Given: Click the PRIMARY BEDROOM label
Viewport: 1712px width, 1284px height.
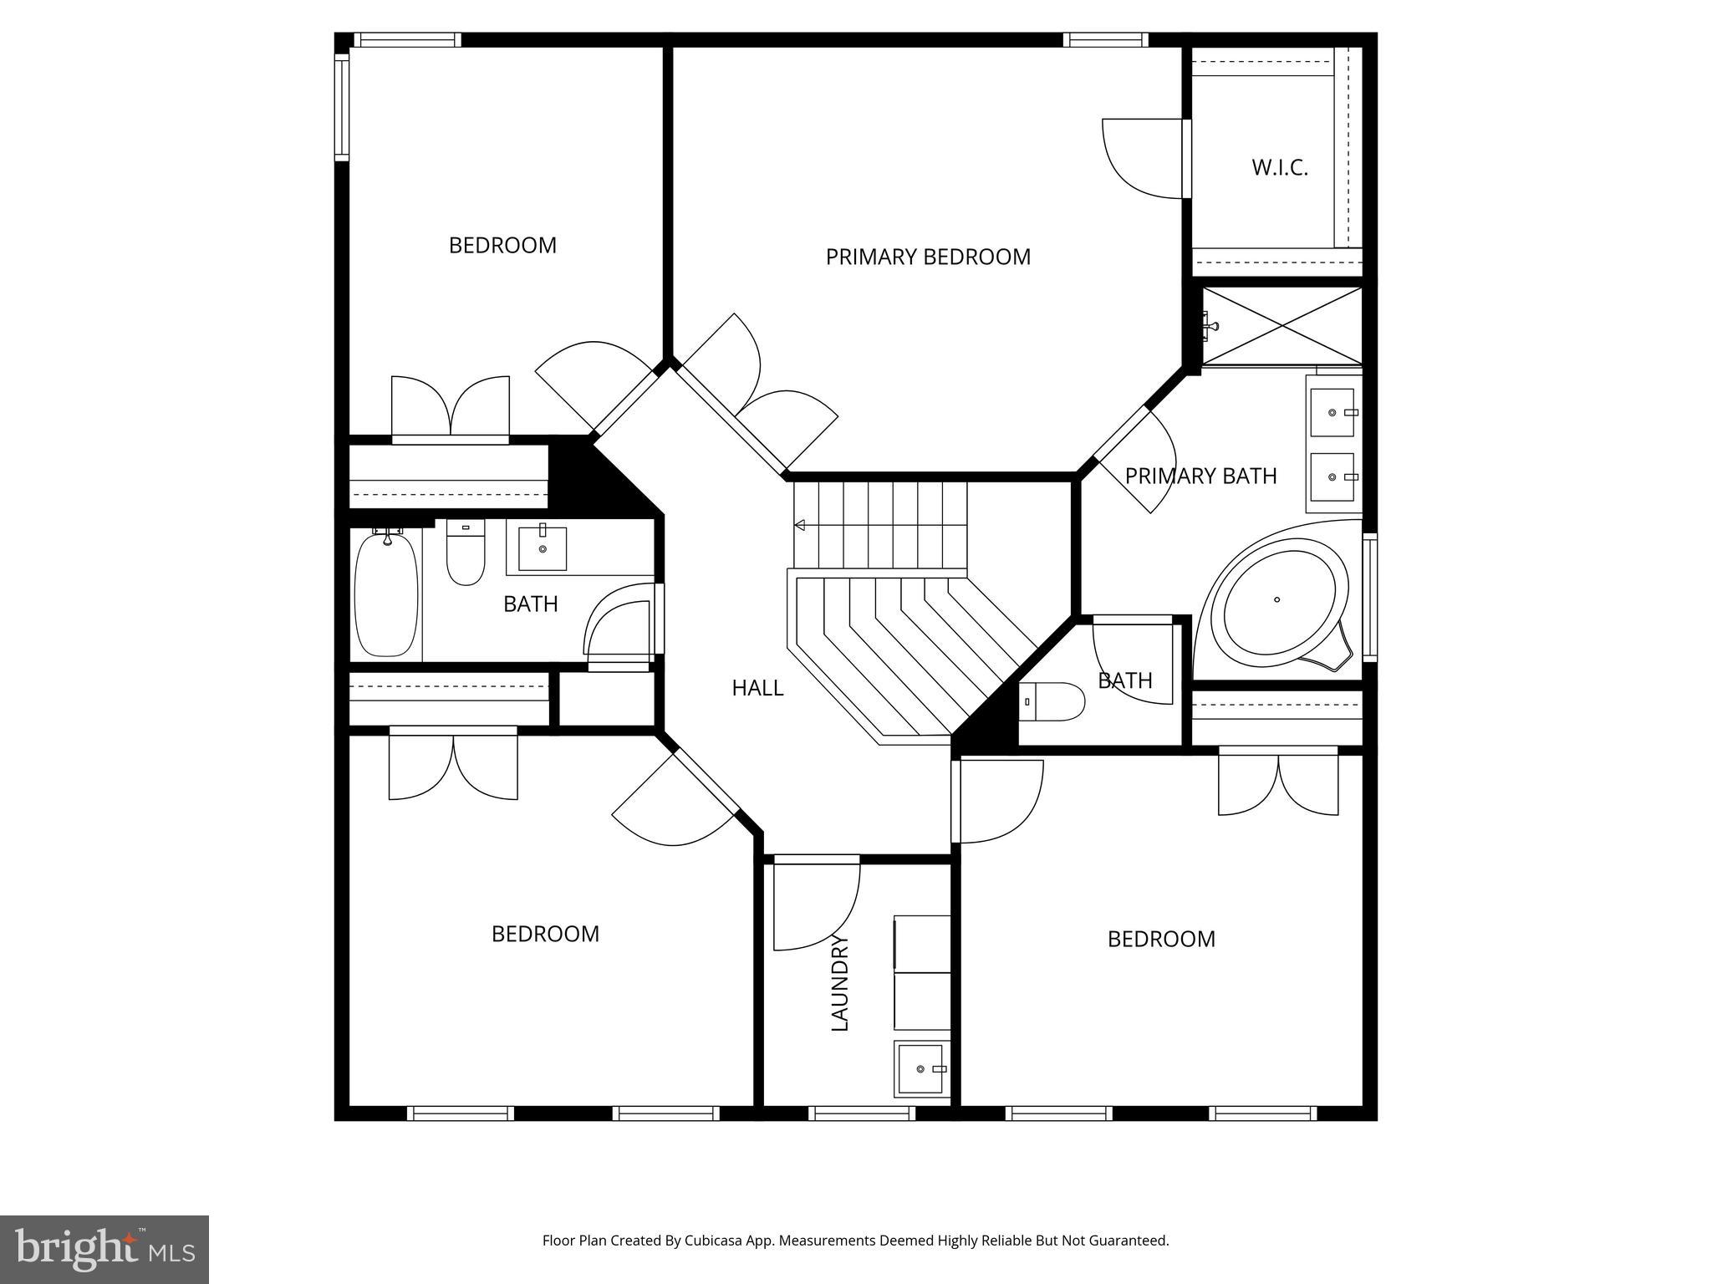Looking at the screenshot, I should tap(928, 257).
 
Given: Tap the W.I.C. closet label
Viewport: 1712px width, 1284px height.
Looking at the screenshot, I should tap(1279, 167).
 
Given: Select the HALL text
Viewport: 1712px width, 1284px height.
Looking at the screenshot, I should tap(757, 688).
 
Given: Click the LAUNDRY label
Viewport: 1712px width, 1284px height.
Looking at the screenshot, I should tap(839, 983).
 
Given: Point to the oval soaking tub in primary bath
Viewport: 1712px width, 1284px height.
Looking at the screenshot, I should tap(1275, 601).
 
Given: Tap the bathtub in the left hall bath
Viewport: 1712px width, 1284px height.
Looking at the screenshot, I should tap(386, 594).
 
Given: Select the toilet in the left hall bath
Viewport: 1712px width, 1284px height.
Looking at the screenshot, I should tap(466, 553).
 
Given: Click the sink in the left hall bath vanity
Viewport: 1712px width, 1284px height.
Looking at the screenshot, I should tap(543, 548).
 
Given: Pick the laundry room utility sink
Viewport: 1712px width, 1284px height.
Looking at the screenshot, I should tap(921, 1068).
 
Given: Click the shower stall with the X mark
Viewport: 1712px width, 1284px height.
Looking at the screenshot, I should tap(1282, 326).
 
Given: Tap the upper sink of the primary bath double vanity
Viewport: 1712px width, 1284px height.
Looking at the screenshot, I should tap(1332, 412).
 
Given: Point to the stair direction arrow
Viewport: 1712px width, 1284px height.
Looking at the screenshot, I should tap(800, 525).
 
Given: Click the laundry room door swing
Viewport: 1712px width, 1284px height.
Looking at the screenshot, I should tap(815, 907).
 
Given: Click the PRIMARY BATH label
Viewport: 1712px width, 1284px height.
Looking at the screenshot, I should tap(1200, 476).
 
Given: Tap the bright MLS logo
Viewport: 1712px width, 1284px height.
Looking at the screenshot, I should tap(104, 1248).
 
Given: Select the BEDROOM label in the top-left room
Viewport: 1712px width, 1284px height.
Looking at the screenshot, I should tap(502, 246).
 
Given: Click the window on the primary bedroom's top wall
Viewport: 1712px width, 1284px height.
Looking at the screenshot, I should tap(1105, 39).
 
